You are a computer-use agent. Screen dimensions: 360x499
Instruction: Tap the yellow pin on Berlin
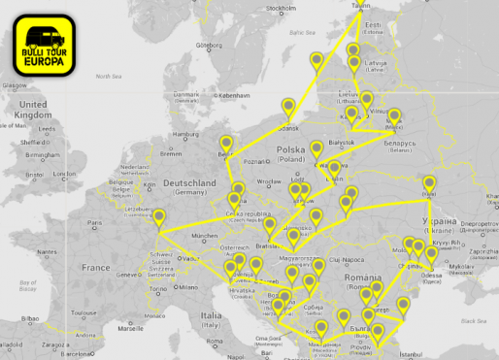tap(226, 143)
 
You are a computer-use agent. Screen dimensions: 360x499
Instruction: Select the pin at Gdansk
tap(287, 108)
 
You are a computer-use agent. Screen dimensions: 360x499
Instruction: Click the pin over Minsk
tap(394, 114)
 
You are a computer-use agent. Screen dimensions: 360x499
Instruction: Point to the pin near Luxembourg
tap(159, 218)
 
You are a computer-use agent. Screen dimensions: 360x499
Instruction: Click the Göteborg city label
tap(209, 45)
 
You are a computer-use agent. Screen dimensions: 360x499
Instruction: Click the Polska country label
tap(290, 150)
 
